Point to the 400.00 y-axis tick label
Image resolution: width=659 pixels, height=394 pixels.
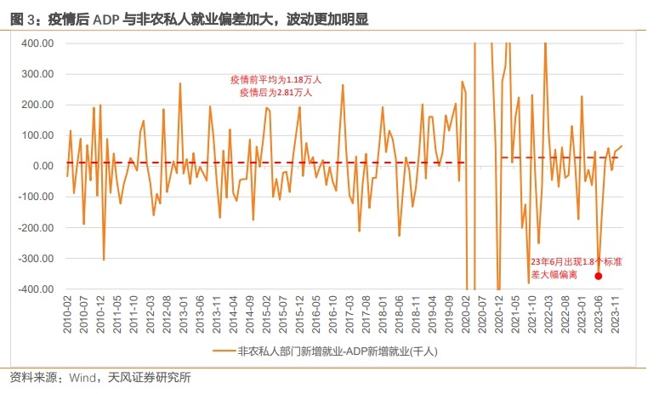click(37, 43)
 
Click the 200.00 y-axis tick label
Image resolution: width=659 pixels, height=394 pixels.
click(37, 105)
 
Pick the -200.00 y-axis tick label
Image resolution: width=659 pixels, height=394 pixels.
click(36, 228)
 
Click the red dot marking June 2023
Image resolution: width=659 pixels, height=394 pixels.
click(599, 276)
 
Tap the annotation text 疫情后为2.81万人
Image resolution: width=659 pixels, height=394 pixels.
click(275, 92)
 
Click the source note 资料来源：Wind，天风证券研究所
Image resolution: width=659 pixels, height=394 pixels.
click(100, 377)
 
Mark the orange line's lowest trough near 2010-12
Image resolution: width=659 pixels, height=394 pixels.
click(104, 260)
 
